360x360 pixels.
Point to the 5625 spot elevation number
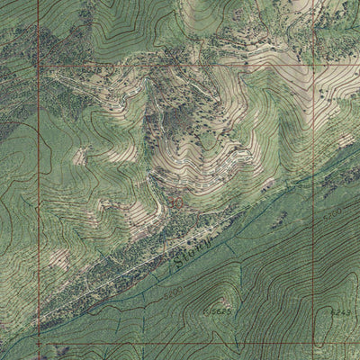219,310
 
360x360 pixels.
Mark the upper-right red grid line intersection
315,66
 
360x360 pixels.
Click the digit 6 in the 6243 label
333,312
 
